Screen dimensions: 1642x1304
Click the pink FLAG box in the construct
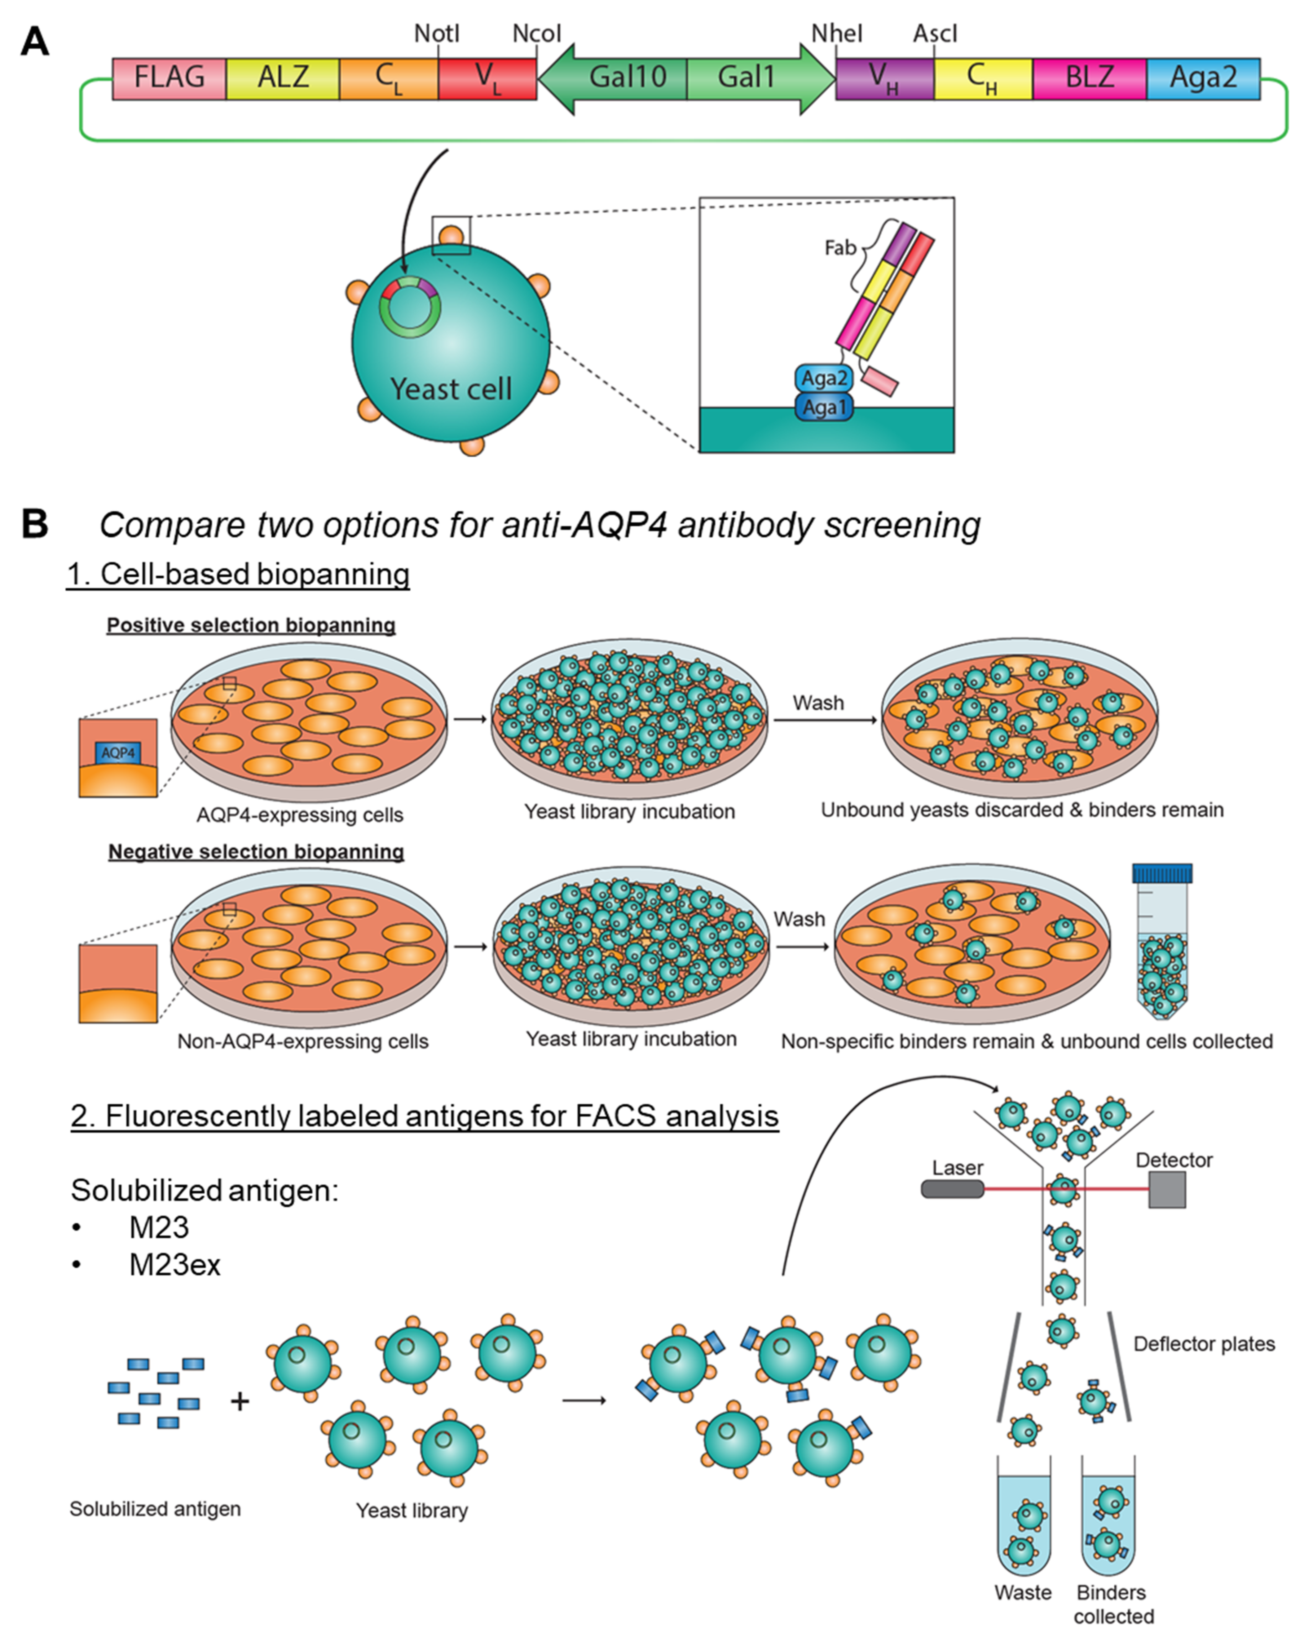click(x=169, y=78)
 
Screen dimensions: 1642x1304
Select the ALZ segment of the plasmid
click(x=282, y=78)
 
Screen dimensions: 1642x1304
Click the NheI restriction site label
click(x=837, y=33)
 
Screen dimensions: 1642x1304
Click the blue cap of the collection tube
click(x=1162, y=873)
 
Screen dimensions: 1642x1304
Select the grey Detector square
click(x=1167, y=1190)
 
